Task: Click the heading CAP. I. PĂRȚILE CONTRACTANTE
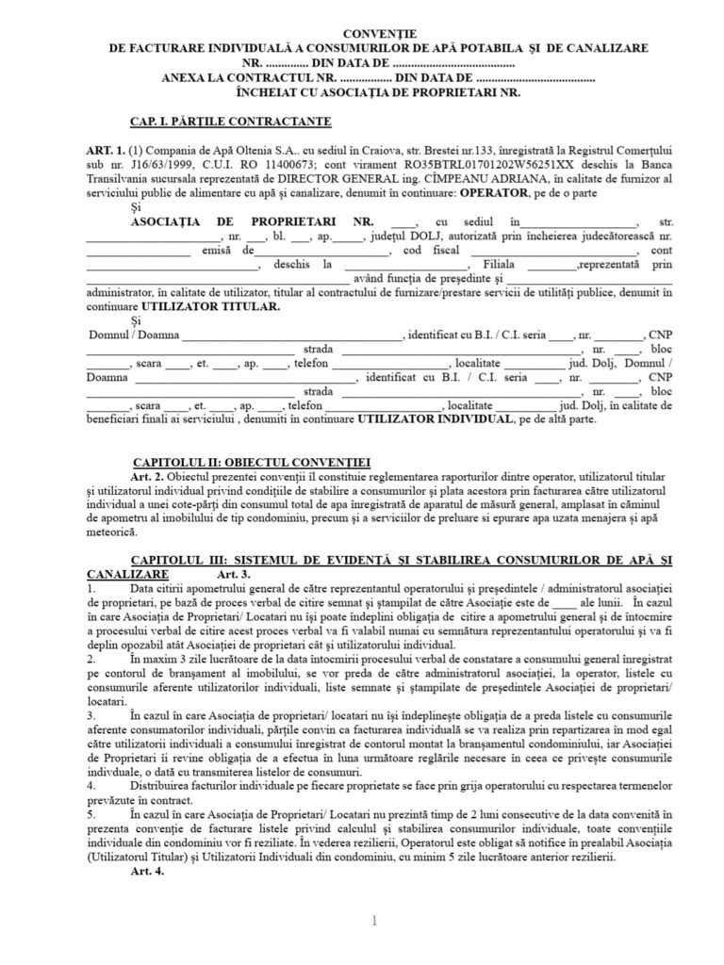[230, 121]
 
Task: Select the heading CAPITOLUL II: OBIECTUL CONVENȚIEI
[253, 462]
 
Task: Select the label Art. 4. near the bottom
[151, 873]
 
